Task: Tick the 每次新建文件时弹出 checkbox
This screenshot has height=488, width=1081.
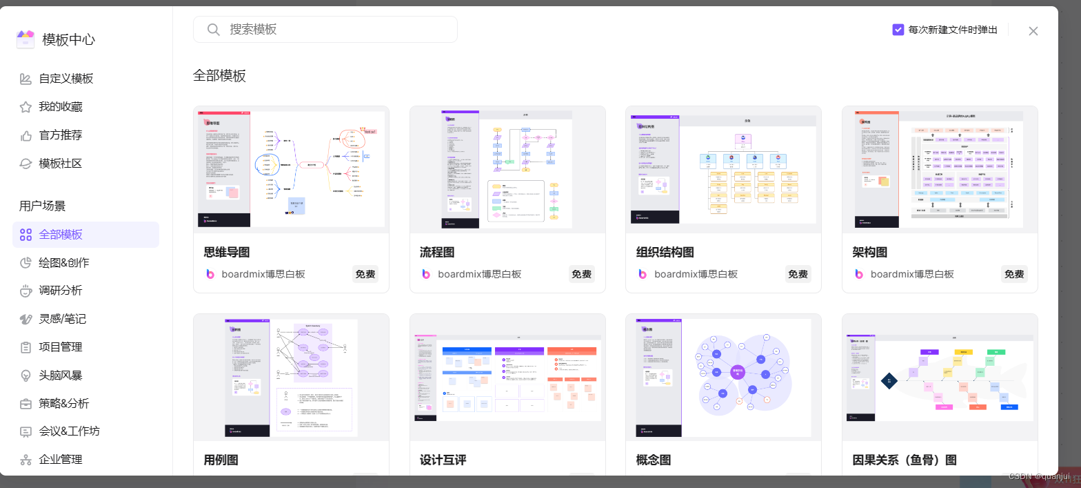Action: pos(898,30)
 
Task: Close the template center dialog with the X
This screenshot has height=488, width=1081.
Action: pos(1033,31)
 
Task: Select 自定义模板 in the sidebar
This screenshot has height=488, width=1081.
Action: pos(65,79)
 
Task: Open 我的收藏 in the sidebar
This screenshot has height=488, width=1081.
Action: pos(60,107)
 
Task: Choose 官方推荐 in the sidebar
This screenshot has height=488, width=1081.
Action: pos(60,135)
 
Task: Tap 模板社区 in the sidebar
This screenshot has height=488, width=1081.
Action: pos(60,164)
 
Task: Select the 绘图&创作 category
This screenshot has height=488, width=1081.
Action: pos(63,263)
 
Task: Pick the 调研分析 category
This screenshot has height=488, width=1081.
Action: pos(60,291)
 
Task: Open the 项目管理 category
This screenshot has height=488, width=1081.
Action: pos(60,347)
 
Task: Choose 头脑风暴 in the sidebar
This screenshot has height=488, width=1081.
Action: pos(60,375)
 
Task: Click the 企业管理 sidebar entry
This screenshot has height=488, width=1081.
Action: pos(60,460)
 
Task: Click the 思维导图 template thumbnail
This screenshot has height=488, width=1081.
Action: pos(291,170)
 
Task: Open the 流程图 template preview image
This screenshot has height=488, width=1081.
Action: pos(507,170)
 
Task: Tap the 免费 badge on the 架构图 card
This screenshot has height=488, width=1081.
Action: pos(1014,274)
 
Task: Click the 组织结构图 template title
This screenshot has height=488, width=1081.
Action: pos(665,253)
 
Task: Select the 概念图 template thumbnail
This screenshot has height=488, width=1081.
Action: pos(723,378)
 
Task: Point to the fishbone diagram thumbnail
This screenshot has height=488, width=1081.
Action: pos(940,378)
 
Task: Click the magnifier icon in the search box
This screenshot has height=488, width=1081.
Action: pos(214,30)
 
